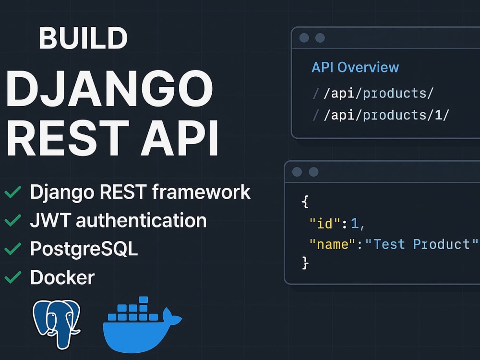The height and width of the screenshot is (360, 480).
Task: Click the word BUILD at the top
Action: [83, 38]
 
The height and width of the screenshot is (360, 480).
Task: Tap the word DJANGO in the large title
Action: [109, 89]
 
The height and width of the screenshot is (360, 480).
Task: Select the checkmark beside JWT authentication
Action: [13, 220]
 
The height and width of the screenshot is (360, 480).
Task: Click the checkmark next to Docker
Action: [13, 277]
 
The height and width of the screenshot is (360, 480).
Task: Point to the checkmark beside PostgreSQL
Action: [13, 249]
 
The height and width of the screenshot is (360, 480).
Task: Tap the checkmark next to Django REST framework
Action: [13, 192]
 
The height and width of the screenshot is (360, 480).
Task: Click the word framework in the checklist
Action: [201, 192]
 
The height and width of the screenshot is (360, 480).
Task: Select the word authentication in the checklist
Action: [141, 220]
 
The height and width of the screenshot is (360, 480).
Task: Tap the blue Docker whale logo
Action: [143, 324]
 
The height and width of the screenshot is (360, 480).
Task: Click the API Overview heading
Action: [355, 67]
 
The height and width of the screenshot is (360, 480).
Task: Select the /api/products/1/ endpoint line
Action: [386, 115]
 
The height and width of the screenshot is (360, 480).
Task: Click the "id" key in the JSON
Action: [325, 224]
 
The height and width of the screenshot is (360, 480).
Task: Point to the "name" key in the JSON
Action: [333, 244]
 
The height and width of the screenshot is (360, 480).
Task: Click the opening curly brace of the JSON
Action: [305, 202]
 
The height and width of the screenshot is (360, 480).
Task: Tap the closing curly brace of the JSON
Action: [305, 263]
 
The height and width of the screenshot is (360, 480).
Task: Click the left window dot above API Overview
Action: [304, 38]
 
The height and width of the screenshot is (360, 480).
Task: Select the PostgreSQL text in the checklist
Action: [84, 249]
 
